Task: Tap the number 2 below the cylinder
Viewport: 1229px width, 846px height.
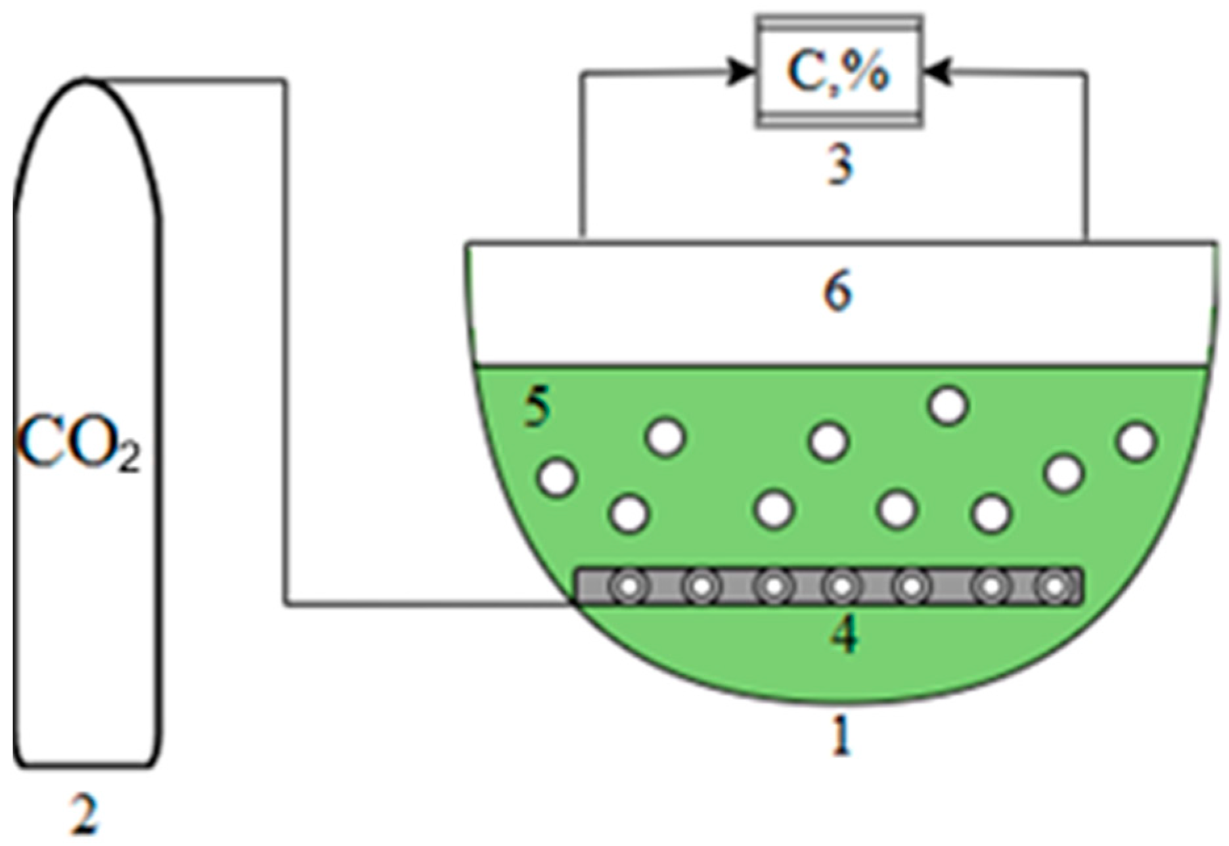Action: coord(86,815)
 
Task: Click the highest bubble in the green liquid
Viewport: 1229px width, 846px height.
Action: coord(948,405)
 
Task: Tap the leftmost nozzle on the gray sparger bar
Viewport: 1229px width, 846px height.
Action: coord(629,587)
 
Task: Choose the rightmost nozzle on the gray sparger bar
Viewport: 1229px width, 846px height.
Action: coord(1054,587)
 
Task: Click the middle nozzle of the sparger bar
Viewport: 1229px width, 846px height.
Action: coord(841,587)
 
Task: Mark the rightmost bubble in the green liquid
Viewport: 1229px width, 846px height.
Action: coord(1136,441)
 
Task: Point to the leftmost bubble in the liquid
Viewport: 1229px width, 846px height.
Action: coord(558,476)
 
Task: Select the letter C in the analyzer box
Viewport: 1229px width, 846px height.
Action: coord(804,72)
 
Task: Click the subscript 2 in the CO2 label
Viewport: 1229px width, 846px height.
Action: coord(129,457)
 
